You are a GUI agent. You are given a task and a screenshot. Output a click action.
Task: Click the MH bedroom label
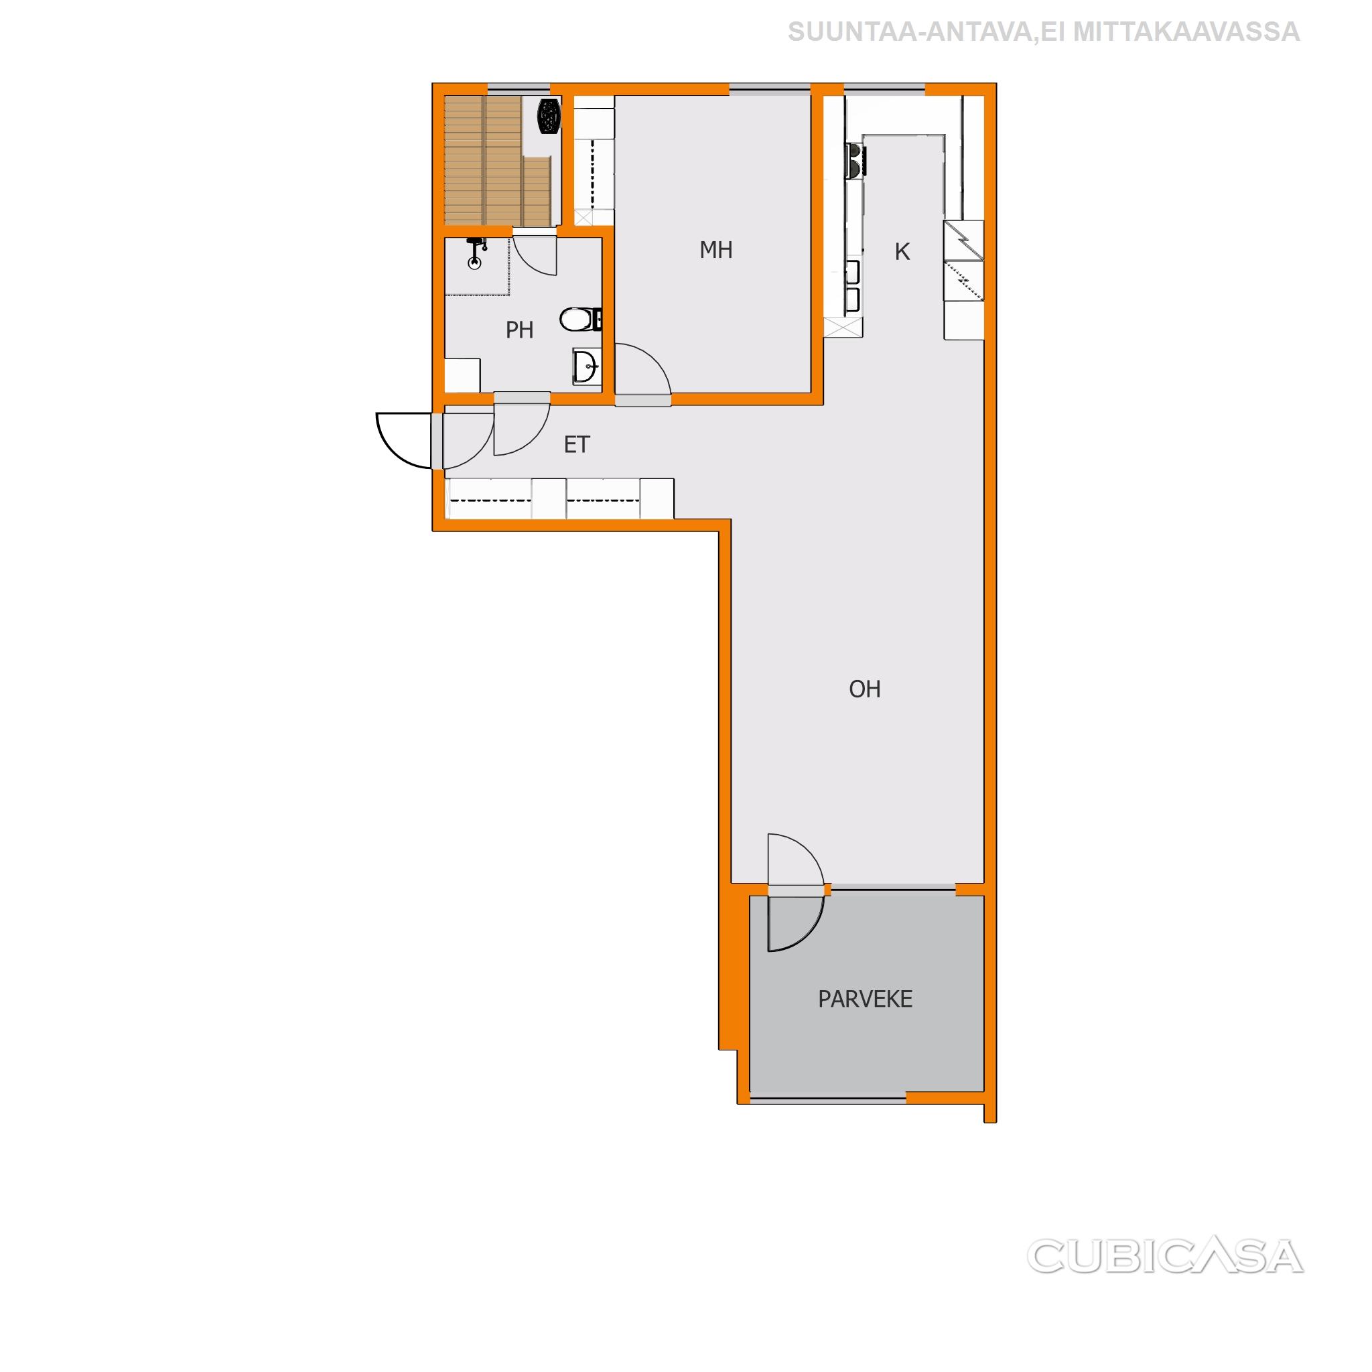click(716, 250)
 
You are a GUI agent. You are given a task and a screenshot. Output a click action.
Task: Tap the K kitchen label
click(902, 251)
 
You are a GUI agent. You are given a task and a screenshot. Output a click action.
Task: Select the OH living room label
click(864, 689)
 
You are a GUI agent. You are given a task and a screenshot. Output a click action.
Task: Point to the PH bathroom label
click(519, 330)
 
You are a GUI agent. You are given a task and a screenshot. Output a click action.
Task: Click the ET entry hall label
click(577, 445)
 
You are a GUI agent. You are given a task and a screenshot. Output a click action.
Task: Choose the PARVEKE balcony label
click(865, 999)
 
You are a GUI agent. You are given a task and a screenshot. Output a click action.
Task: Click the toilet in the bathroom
click(580, 320)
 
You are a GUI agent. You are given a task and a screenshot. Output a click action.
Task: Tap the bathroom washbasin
click(588, 367)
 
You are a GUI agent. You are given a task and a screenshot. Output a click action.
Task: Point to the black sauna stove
click(548, 116)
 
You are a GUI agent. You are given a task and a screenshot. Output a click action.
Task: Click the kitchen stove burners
click(855, 160)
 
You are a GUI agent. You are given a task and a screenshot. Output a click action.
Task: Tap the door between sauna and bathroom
click(535, 254)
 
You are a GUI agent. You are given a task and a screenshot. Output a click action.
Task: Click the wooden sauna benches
click(497, 161)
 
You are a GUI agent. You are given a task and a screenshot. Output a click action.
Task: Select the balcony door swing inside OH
click(796, 861)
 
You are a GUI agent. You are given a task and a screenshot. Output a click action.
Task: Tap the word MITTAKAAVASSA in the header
click(1185, 32)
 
